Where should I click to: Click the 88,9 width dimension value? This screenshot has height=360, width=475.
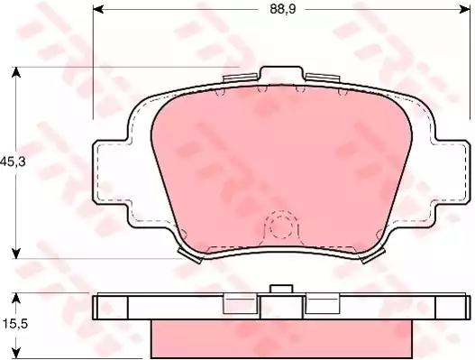tap(283, 9)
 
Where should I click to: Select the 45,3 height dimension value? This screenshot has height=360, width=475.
tap(13, 162)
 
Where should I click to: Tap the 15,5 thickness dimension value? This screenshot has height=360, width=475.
tap(15, 324)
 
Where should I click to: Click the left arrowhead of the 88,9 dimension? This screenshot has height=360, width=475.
tap(98, 9)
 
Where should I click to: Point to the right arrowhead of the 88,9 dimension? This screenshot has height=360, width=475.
tap(465, 9)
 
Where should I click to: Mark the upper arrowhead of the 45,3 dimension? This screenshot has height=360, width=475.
tap(16, 72)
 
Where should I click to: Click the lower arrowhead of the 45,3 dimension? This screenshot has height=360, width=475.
tap(16, 253)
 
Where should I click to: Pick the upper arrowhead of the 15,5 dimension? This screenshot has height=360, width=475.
tap(16, 299)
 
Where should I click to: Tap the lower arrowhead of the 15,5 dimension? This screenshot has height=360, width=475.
tap(16, 354)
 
